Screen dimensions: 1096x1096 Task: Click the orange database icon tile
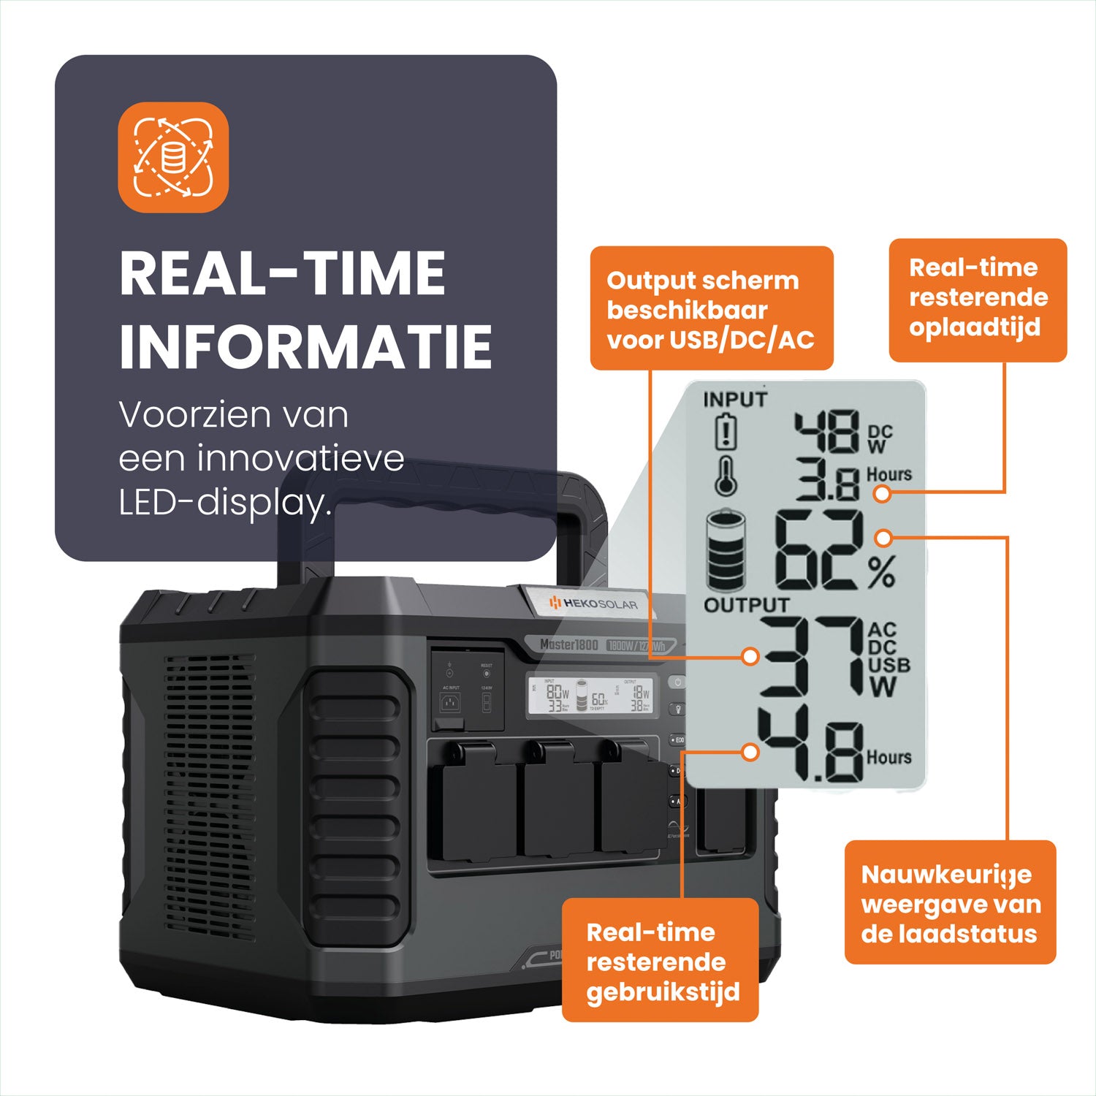[x=173, y=157]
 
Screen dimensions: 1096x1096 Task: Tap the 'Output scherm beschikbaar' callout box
[x=711, y=308]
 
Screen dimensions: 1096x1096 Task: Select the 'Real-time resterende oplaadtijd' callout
[x=978, y=300]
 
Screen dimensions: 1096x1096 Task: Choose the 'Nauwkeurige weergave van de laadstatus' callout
[x=950, y=902]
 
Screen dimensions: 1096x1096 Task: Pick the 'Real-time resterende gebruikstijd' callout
[x=660, y=960]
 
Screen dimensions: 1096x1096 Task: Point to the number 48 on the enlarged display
[x=826, y=433]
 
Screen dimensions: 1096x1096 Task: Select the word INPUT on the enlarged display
[x=735, y=400]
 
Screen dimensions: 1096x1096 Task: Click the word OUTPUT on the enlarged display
[x=746, y=605]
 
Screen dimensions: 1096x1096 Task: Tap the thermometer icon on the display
[x=726, y=476]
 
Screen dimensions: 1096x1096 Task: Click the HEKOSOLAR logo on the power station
[x=593, y=604]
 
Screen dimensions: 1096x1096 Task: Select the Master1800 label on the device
[x=569, y=644]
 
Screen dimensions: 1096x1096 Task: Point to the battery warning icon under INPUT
[x=725, y=432]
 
